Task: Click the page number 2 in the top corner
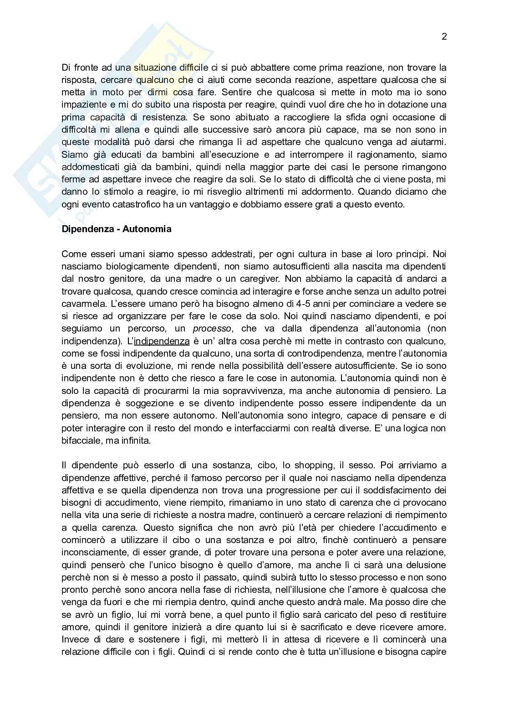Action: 444,37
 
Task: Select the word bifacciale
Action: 81,441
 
